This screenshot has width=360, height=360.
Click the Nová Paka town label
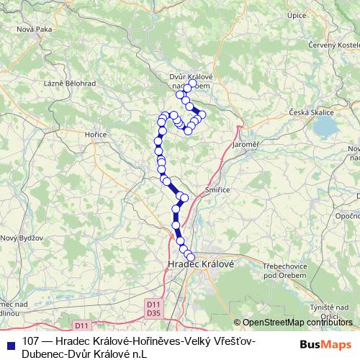[35, 29]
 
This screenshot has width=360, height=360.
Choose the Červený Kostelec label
[333, 45]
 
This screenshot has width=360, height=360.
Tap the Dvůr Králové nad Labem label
[190, 81]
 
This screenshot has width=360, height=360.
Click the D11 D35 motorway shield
[153, 308]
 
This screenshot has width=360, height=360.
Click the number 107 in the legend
[31, 341]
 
